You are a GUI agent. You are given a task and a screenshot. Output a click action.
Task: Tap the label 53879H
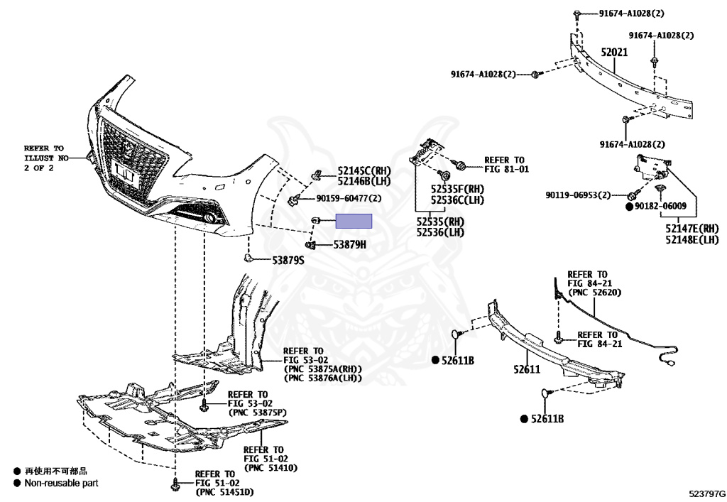pyautogui.click(x=350, y=245)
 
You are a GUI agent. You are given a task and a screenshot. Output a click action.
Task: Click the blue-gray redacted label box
pyautogui.click(x=354, y=221)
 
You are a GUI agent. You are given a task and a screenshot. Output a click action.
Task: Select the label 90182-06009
pyautogui.click(x=660, y=206)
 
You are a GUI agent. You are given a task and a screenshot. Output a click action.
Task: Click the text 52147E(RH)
pyautogui.click(x=692, y=228)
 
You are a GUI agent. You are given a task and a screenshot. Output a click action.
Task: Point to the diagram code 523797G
pyautogui.click(x=706, y=492)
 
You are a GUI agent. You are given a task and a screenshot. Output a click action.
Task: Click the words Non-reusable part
pyautogui.click(x=61, y=483)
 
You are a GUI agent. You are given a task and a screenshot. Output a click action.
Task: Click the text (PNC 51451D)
pyautogui.click(x=224, y=492)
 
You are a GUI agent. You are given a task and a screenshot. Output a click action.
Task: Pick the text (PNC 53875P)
pyautogui.click(x=256, y=412)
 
